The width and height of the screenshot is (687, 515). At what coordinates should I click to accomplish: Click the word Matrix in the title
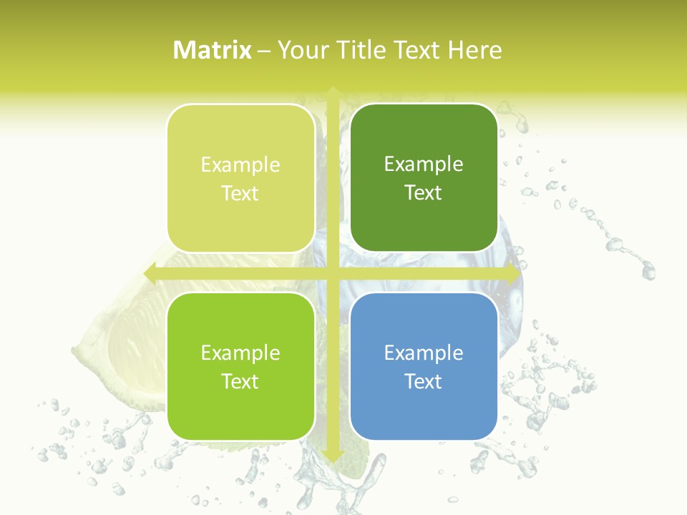(x=213, y=50)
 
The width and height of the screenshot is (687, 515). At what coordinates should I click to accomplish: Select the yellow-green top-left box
(x=240, y=178)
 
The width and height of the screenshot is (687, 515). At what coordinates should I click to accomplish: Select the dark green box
(x=424, y=177)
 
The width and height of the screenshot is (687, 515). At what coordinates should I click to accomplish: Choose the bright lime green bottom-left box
(x=240, y=366)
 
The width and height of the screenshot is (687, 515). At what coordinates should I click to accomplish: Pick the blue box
(x=424, y=366)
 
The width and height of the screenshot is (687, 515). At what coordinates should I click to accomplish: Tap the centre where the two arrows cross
(x=332, y=273)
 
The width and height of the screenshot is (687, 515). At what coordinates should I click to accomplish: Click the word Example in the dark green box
(x=424, y=164)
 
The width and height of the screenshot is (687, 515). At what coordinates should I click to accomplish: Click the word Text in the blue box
(x=424, y=381)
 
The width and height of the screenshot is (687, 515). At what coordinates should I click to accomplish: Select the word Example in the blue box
(x=424, y=353)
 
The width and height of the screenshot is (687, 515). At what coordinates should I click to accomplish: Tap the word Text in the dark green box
(x=424, y=192)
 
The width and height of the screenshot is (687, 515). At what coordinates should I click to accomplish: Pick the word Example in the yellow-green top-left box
(x=240, y=165)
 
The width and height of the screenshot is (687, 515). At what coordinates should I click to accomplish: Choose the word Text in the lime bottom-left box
(x=240, y=381)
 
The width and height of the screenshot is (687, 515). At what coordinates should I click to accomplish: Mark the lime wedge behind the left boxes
(x=122, y=343)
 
